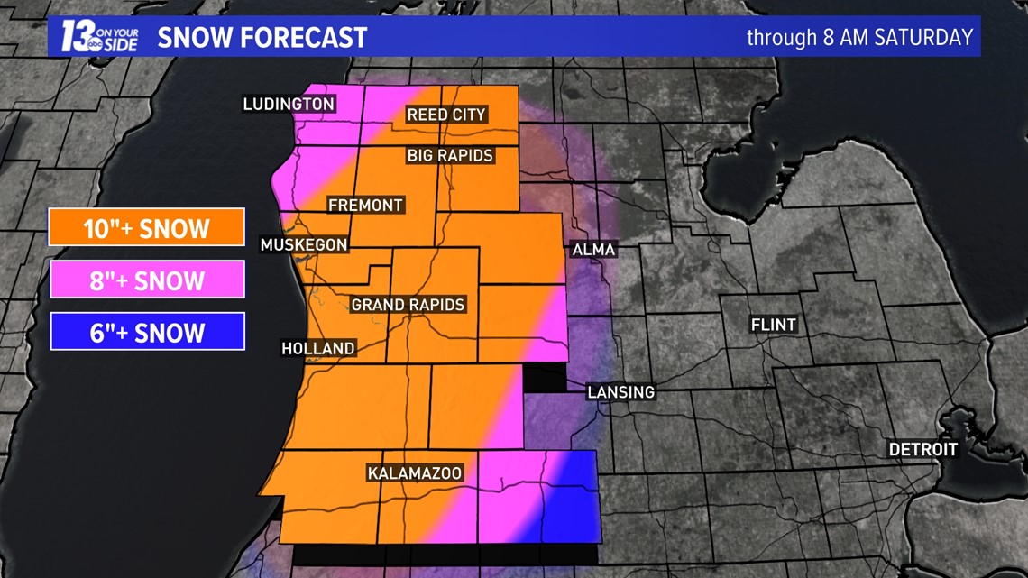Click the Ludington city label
tap(289, 105)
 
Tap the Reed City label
tap(446, 115)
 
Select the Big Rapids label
tap(450, 155)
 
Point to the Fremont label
tap(365, 206)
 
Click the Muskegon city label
tap(304, 244)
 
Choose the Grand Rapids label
tap(408, 305)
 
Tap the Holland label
tap(318, 348)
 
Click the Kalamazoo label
tap(415, 473)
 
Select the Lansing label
tap(620, 392)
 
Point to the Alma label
tap(593, 250)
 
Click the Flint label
tap(774, 325)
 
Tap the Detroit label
tap(923, 449)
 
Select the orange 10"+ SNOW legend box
tap(147, 228)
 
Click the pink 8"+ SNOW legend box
tap(147, 280)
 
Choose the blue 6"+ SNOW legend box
tap(147, 333)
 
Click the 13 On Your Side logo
tap(98, 37)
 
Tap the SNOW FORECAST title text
tap(262, 38)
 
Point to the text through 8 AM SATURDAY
tap(859, 38)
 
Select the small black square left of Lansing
tap(545, 380)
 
